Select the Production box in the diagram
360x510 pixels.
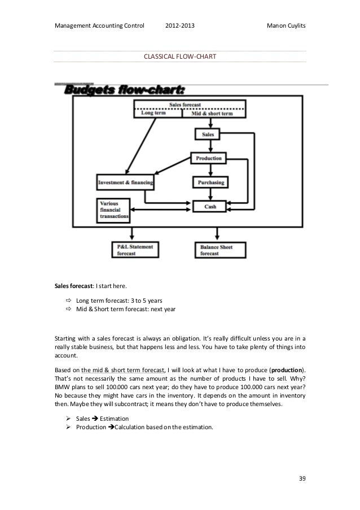coord(209,158)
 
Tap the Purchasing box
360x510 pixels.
coord(210,182)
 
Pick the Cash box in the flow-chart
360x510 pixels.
coord(209,207)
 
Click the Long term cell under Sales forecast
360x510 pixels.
coord(158,113)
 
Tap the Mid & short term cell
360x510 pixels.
coord(214,113)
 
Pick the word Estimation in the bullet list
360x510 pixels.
coord(115,419)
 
